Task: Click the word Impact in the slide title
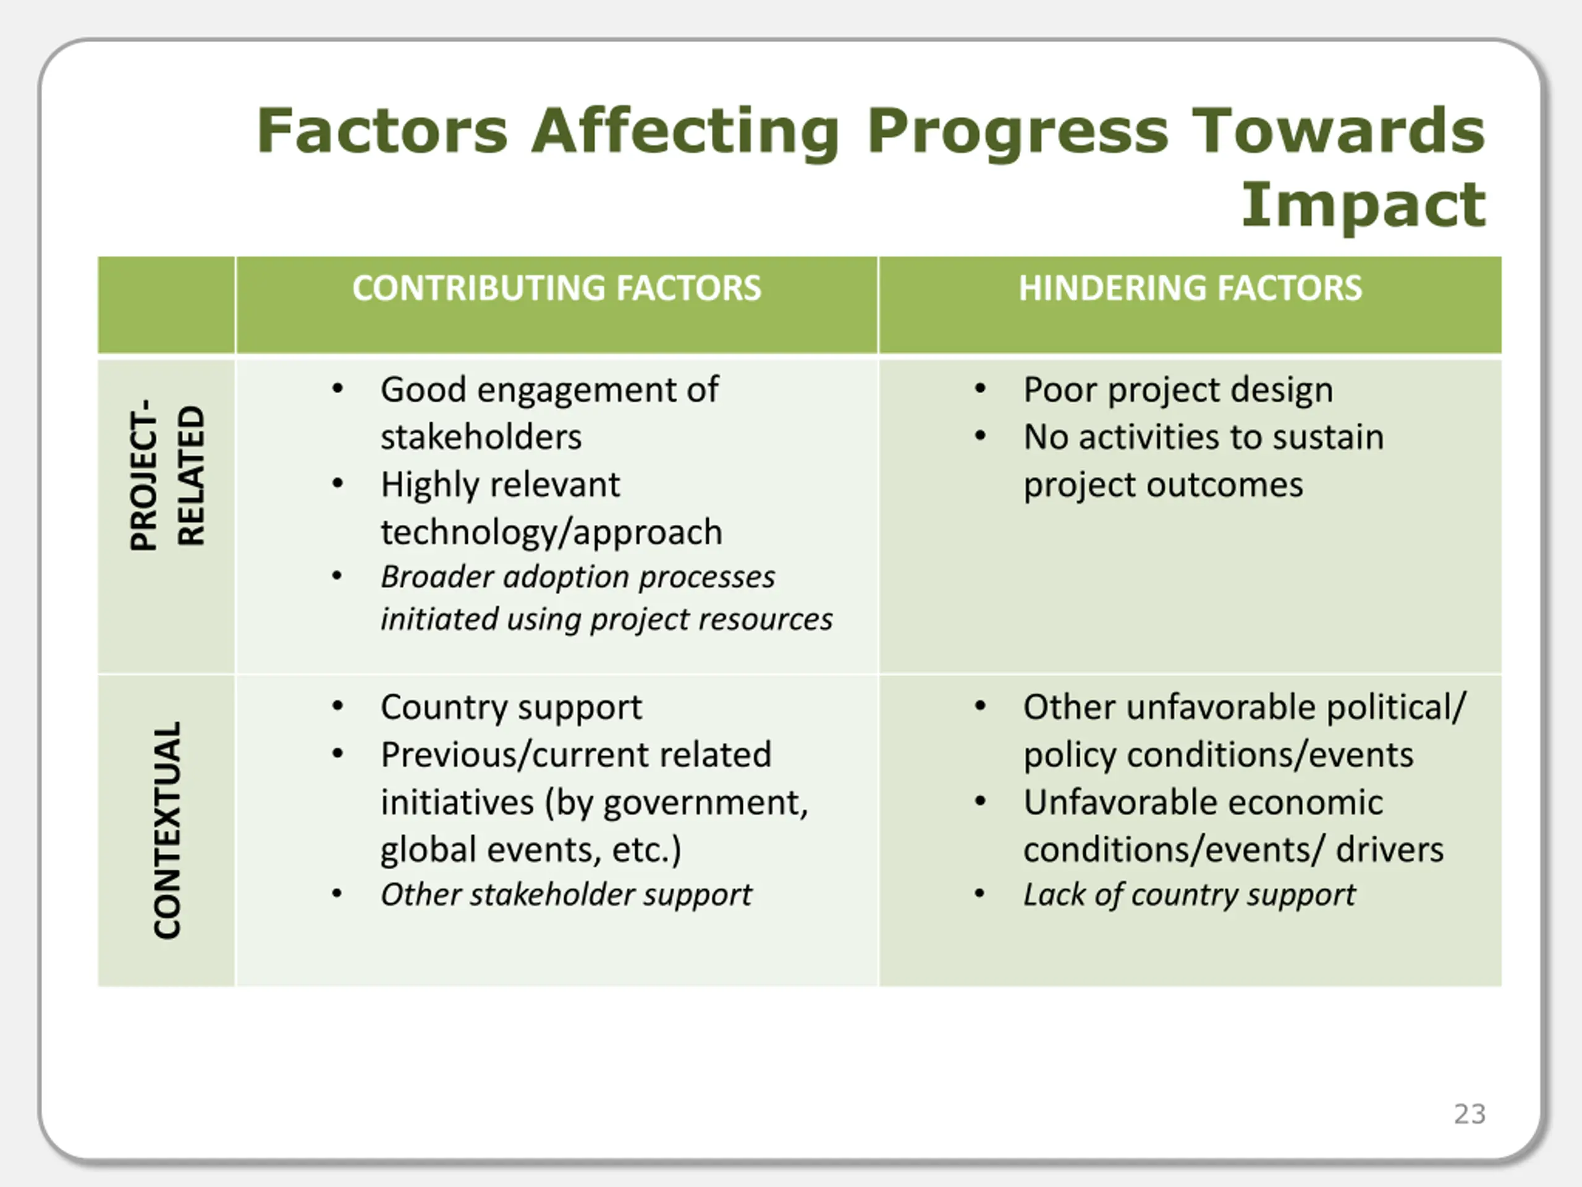point(1363,205)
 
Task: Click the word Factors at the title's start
point(383,131)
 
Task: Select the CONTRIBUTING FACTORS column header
point(556,287)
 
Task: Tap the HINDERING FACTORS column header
point(1190,287)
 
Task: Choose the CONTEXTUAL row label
point(167,830)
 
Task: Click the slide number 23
point(1470,1114)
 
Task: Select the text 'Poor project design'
point(1178,391)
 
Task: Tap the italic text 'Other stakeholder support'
point(565,895)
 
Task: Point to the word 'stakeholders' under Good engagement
point(481,436)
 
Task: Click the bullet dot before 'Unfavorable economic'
point(980,801)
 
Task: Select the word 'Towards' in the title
point(1340,131)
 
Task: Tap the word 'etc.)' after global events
point(646,851)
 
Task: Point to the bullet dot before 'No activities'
point(980,436)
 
